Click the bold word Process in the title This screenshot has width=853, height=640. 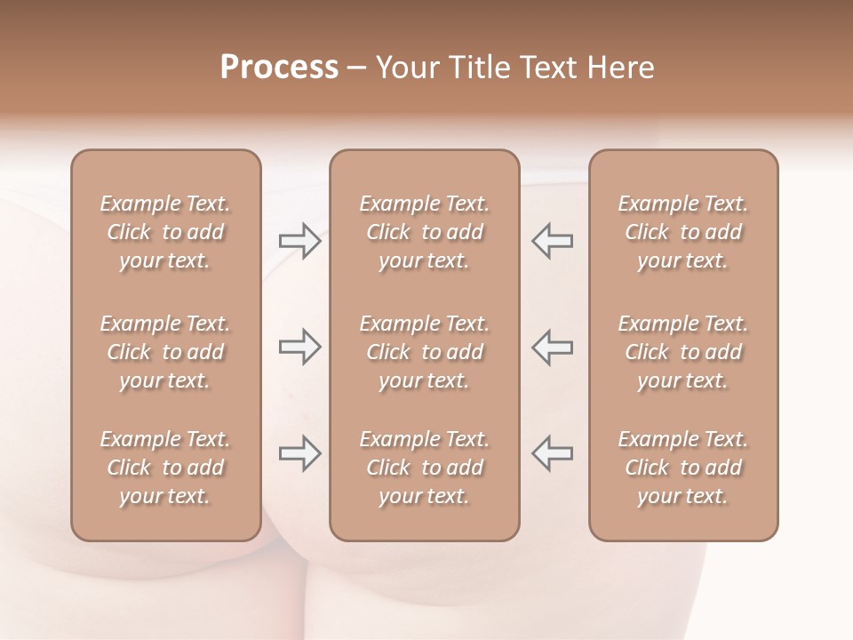[279, 68]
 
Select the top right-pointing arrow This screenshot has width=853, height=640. [299, 241]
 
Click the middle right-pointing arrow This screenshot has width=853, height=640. [299, 347]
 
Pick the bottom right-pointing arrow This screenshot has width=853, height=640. [299, 453]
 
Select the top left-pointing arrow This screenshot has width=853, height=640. [552, 241]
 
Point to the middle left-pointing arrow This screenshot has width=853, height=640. [552, 347]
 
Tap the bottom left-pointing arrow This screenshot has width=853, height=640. [552, 453]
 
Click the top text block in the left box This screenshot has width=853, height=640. [165, 232]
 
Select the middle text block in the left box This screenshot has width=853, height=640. [165, 352]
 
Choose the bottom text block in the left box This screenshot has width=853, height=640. [165, 468]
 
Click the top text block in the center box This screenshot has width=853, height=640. [425, 232]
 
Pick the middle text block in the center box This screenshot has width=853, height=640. [425, 352]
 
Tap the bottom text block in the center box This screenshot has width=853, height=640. [425, 468]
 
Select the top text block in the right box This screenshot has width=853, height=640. [683, 232]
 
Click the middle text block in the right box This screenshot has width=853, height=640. [683, 352]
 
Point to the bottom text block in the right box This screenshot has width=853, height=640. [683, 468]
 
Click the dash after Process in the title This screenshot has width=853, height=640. [357, 68]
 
